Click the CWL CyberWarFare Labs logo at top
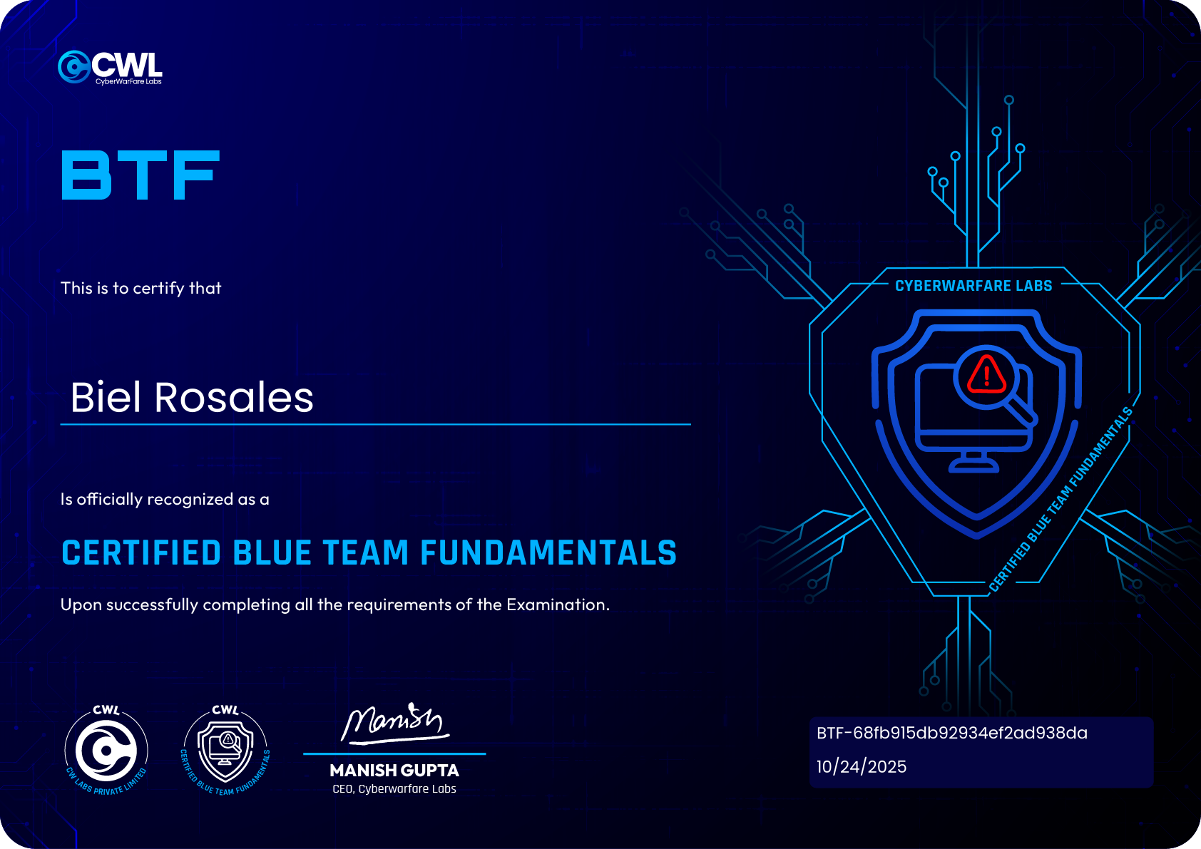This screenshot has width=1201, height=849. pyautogui.click(x=111, y=68)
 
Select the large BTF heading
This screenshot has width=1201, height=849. pyautogui.click(x=140, y=175)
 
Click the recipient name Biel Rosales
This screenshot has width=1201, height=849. pyautogui.click(x=192, y=397)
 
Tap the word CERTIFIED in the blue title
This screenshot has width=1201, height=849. pyautogui.click(x=141, y=553)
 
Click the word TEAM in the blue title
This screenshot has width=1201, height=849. pyautogui.click(x=365, y=553)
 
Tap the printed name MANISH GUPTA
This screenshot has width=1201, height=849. pyautogui.click(x=394, y=771)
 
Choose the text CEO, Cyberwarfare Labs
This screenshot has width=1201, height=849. pyautogui.click(x=394, y=789)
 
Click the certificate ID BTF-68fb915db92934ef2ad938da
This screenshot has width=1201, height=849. pyautogui.click(x=951, y=733)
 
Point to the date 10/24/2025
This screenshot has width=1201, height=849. pyautogui.click(x=861, y=767)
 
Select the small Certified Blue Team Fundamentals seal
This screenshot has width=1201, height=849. pyautogui.click(x=225, y=751)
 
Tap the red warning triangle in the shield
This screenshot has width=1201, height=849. pyautogui.click(x=986, y=374)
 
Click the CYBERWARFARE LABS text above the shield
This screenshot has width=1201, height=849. pyautogui.click(x=973, y=286)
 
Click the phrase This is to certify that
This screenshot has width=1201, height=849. pyautogui.click(x=141, y=288)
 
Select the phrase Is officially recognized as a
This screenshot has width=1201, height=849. pyautogui.click(x=165, y=499)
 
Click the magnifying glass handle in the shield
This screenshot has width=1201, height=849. pyautogui.click(x=1023, y=411)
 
